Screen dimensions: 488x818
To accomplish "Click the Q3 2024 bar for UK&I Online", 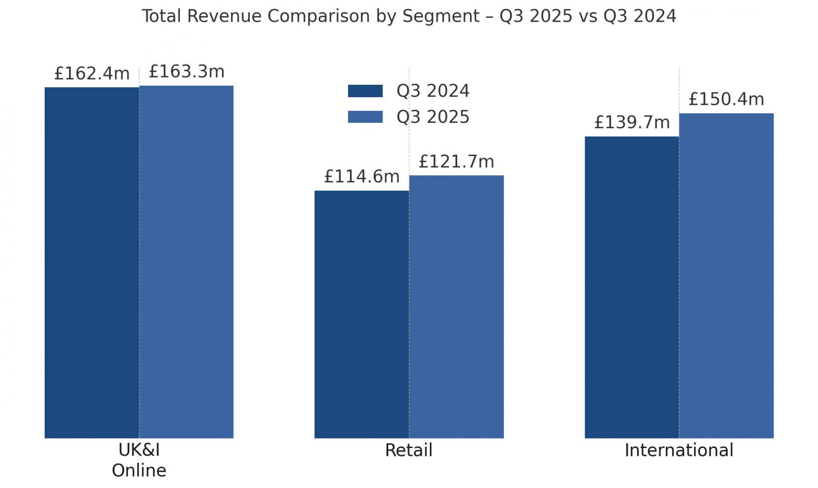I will (92, 263).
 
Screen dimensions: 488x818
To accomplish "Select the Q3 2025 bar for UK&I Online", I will (186, 262).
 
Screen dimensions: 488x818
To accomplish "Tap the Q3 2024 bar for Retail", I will (362, 314).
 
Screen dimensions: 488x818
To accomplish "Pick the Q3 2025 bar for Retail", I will (456, 306).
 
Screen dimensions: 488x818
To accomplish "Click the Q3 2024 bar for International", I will (631, 287).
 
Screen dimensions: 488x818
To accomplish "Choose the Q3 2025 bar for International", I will (726, 276).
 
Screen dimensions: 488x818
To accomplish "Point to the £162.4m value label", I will (92, 74).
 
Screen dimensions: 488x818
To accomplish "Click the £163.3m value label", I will (186, 72).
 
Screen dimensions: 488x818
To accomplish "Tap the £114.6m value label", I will (362, 176).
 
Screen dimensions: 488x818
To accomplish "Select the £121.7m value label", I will (456, 162).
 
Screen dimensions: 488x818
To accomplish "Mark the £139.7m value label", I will (632, 122).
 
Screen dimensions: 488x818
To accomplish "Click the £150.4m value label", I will (726, 99).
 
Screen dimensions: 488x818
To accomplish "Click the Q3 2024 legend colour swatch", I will (365, 91).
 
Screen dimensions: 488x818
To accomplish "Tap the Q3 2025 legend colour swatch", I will (365, 117).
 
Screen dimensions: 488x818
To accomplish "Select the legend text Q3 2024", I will (433, 91).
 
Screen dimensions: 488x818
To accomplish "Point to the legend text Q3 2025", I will (433, 117).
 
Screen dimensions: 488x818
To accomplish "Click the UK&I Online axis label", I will (139, 460).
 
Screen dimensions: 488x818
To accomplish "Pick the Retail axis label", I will (409, 450).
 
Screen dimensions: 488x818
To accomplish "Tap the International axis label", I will (679, 450).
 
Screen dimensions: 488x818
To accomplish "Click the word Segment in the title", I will (441, 17).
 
